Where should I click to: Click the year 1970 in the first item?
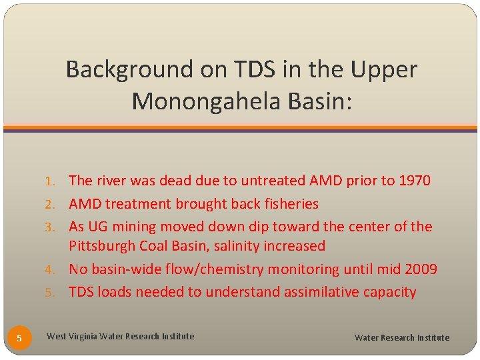tap(414, 181)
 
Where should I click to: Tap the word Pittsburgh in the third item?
tap(101, 246)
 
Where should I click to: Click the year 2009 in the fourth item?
tap(420, 269)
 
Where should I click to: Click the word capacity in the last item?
tap(389, 292)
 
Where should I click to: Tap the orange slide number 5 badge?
tap(19, 338)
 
